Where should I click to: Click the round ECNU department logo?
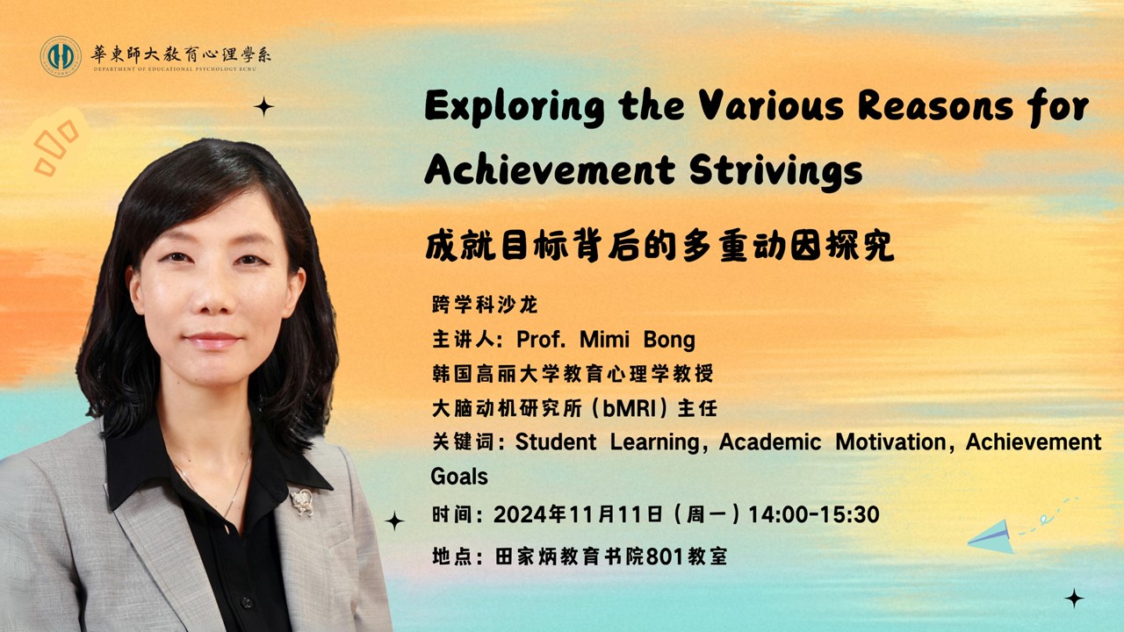click(x=61, y=56)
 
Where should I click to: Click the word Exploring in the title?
click(x=515, y=107)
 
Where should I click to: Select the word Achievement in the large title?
click(x=550, y=169)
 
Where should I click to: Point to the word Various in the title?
click(x=771, y=106)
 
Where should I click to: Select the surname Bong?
click(x=669, y=341)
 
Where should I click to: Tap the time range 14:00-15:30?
click(x=814, y=515)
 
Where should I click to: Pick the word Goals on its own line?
click(x=459, y=477)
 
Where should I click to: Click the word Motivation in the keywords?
click(x=891, y=442)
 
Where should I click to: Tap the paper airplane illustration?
click(x=991, y=537)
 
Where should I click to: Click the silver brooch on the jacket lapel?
click(x=303, y=501)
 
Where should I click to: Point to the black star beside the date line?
click(x=394, y=521)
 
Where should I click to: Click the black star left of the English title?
click(x=263, y=107)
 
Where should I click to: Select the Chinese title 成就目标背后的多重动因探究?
click(x=659, y=246)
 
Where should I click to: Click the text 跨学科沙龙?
click(x=485, y=305)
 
